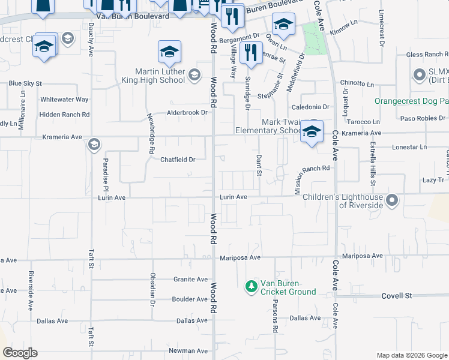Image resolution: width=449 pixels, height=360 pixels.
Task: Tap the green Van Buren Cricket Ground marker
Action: pyautogui.click(x=252, y=287)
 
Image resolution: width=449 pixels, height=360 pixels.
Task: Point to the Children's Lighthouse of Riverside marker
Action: pyautogui.click(x=393, y=200)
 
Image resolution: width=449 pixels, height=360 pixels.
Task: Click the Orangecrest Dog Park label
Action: pyautogui.click(x=412, y=101)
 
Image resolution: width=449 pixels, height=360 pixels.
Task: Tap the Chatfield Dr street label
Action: pyautogui.click(x=178, y=160)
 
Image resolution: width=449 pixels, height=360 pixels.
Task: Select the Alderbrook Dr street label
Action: pyautogui.click(x=187, y=112)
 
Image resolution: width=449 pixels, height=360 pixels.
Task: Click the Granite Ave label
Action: pyautogui.click(x=190, y=279)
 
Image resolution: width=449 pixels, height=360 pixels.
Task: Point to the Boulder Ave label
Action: pyautogui.click(x=190, y=299)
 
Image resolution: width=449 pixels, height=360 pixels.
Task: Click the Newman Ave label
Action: pyautogui.click(x=188, y=350)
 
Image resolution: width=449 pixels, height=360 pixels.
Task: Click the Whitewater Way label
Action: pyautogui.click(x=64, y=99)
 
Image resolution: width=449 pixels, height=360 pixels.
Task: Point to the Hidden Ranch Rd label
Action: pyautogui.click(x=64, y=114)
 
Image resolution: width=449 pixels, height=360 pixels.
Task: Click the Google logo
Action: pyautogui.click(x=20, y=353)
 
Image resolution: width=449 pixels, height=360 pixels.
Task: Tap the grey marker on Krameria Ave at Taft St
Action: pyautogui.click(x=94, y=145)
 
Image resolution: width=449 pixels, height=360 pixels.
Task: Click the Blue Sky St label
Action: pyautogui.click(x=25, y=83)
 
